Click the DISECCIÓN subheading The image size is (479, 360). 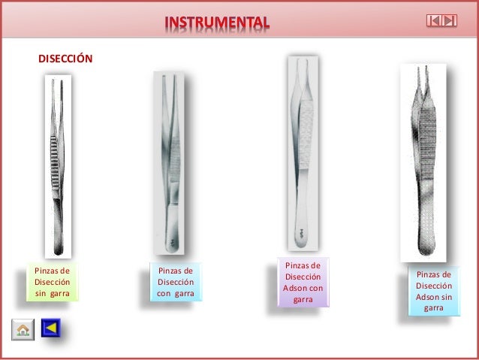[x=65, y=58]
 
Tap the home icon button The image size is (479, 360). [x=23, y=329]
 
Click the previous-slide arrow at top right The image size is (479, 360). [x=434, y=20]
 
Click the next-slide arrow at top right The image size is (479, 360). [x=449, y=20]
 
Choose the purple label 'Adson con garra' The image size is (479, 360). [x=303, y=282]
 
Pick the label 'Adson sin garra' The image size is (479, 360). [x=434, y=291]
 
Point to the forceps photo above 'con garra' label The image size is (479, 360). [x=169, y=162]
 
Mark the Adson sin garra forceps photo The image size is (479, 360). [x=423, y=162]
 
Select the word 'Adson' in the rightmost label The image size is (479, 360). [x=428, y=297]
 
